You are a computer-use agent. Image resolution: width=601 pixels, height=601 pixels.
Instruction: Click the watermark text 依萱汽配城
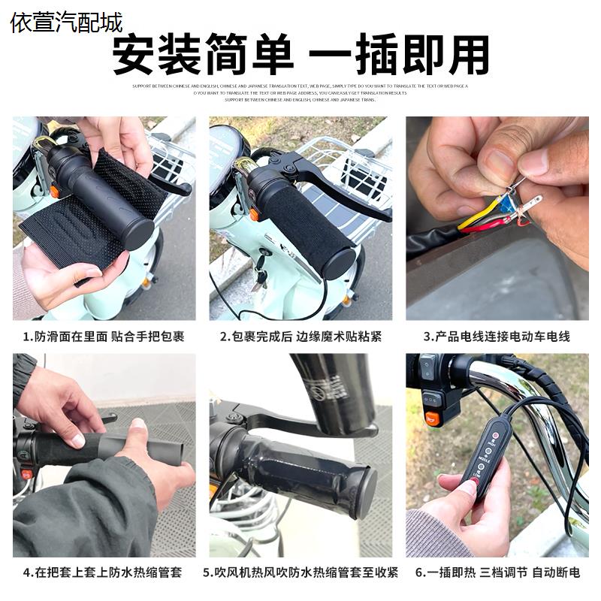[x=66, y=23]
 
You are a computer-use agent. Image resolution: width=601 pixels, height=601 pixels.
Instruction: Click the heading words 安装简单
[x=201, y=55]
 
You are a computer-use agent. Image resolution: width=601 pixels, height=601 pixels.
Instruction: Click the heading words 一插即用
[x=400, y=55]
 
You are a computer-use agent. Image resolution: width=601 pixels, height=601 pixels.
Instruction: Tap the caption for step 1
[x=104, y=337]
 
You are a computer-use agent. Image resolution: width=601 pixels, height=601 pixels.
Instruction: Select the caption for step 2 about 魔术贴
[x=300, y=337]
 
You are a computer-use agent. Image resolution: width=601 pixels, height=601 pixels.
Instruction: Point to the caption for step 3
[x=497, y=337]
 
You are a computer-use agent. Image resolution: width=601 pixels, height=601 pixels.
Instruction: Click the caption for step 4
[x=104, y=572]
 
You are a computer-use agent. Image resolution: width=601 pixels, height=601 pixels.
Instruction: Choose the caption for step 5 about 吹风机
[x=300, y=572]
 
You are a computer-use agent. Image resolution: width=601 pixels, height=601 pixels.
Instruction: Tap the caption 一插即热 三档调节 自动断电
[x=497, y=572]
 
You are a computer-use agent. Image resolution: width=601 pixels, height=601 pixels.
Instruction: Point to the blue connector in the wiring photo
[x=509, y=204]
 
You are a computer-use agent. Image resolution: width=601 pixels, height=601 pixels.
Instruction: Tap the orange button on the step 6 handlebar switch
[x=433, y=418]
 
